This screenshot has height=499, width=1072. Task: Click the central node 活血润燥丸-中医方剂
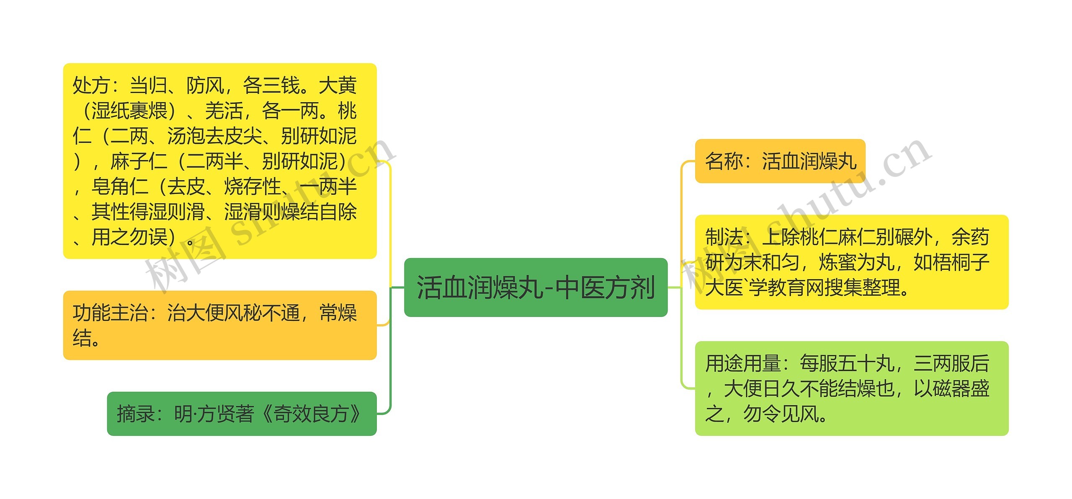tap(535, 288)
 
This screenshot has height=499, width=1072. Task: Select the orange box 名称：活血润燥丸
tap(780, 161)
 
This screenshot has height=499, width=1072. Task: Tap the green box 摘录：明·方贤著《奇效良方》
tap(242, 414)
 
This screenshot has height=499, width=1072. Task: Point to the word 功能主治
tap(110, 313)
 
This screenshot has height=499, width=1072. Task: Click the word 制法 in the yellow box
tap(724, 238)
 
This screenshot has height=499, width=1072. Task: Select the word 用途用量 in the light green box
tap(742, 364)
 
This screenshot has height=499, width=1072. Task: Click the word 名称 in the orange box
tap(724, 161)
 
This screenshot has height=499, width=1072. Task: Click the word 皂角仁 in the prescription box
tap(120, 187)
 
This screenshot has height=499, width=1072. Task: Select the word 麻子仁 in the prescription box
tap(139, 162)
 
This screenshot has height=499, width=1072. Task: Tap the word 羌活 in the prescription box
tap(224, 111)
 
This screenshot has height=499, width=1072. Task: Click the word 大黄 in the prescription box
tap(338, 86)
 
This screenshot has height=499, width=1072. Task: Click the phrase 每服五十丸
tap(846, 364)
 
